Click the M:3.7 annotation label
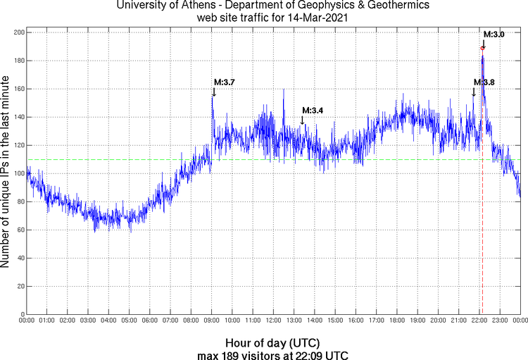tap(224, 82)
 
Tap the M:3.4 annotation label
tap(313, 111)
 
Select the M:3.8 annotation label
tap(484, 82)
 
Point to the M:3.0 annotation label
tap(494, 34)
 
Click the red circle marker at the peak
tap(482, 48)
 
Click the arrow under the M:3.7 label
tap(213, 92)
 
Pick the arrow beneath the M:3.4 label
tap(303, 120)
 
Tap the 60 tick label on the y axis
tap(19, 230)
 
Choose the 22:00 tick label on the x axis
tap(479, 321)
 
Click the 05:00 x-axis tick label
tap(130, 321)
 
